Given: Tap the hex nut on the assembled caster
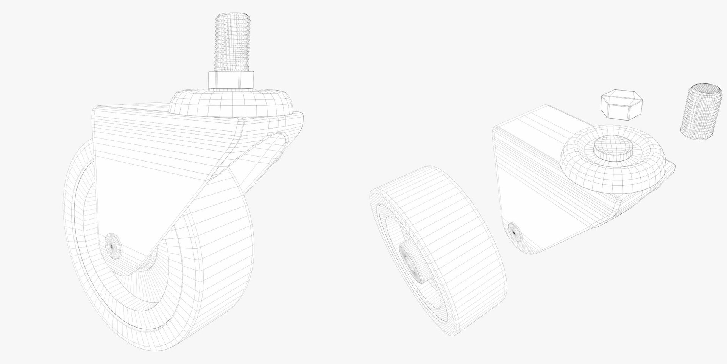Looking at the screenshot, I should pos(231,80).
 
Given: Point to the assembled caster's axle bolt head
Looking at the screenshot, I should pos(112,246).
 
